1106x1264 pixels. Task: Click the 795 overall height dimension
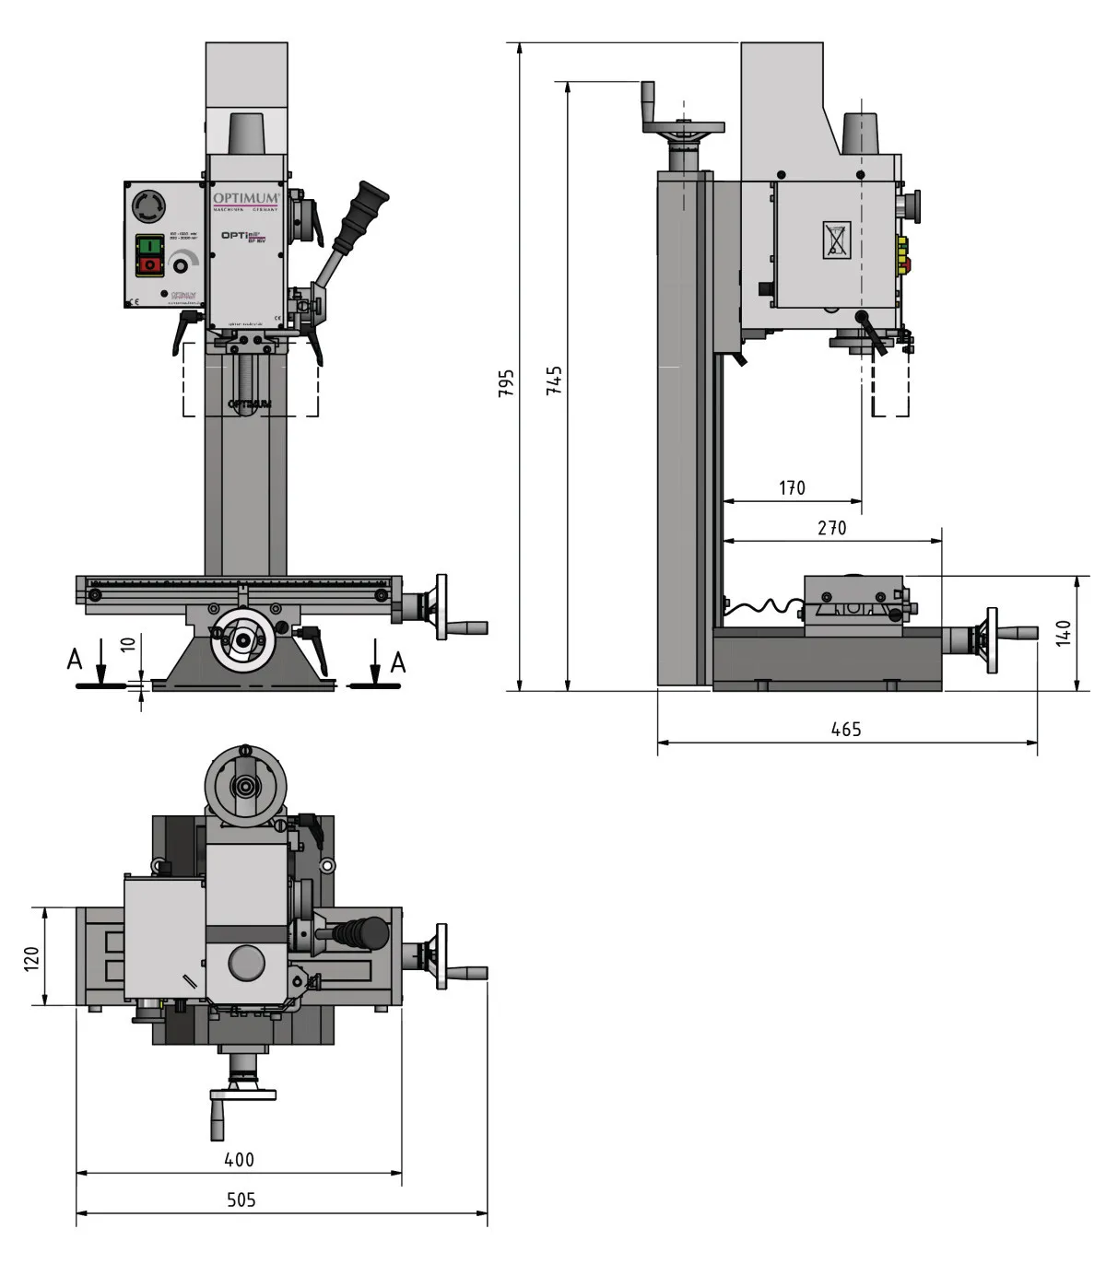(506, 382)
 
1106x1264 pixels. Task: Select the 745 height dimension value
(554, 380)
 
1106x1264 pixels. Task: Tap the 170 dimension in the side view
(792, 487)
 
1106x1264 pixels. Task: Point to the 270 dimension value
(831, 528)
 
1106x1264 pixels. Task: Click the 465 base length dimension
(845, 729)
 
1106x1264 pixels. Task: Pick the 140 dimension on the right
(1064, 633)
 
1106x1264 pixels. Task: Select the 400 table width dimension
(239, 1159)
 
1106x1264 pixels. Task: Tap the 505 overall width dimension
(241, 1200)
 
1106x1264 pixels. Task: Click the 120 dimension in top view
(32, 957)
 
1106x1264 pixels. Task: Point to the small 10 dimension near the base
(129, 643)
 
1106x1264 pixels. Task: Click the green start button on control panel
(148, 246)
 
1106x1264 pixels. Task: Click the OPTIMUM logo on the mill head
(245, 199)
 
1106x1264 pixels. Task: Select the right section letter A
(397, 661)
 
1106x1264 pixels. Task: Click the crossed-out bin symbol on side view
(836, 240)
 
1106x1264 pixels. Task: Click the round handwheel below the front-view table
(243, 641)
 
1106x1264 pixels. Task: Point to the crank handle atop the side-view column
(649, 104)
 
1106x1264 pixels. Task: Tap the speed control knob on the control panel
(181, 266)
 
